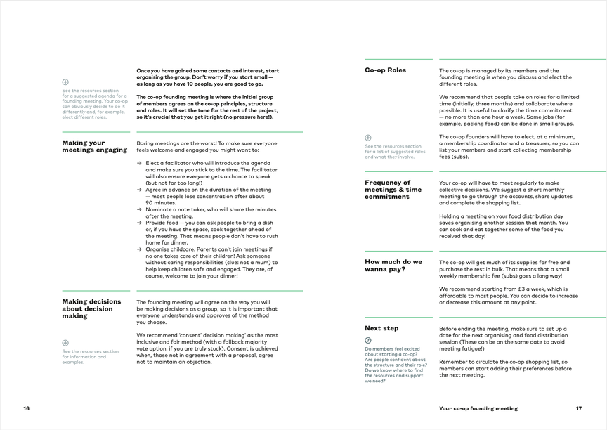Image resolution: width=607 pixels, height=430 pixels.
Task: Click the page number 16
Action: pyautogui.click(x=26, y=408)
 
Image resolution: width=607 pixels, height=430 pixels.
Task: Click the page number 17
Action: pyautogui.click(x=579, y=408)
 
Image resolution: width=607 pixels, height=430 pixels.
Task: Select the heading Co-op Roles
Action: pyautogui.click(x=385, y=70)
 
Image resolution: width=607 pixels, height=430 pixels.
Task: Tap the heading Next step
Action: pyautogui.click(x=381, y=328)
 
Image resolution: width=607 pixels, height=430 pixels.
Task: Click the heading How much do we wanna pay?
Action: pyautogui.click(x=393, y=266)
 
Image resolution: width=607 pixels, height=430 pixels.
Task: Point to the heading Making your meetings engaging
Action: pyautogui.click(x=94, y=146)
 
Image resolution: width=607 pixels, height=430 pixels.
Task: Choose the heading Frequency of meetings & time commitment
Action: pyautogui.click(x=393, y=190)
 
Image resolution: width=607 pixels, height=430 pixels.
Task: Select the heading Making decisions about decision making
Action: pyautogui.click(x=91, y=308)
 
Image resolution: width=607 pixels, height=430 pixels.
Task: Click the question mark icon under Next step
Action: pyautogui.click(x=368, y=340)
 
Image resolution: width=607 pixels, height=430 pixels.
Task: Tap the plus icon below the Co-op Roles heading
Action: pyautogui.click(x=368, y=138)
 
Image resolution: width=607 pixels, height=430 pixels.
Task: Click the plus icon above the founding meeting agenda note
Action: pyautogui.click(x=65, y=82)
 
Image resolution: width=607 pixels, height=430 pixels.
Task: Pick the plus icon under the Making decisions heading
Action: pyautogui.click(x=65, y=343)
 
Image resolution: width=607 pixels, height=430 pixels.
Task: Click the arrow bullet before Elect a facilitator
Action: pyautogui.click(x=139, y=163)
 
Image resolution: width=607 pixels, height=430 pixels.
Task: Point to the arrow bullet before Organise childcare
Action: pyautogui.click(x=139, y=249)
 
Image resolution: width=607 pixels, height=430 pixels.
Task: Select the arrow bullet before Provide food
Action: pyautogui.click(x=139, y=223)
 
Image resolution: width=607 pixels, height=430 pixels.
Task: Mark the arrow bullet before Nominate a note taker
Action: pyautogui.click(x=139, y=209)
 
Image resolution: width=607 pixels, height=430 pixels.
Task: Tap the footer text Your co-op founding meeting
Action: pyautogui.click(x=478, y=408)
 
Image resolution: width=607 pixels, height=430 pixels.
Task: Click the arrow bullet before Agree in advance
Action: pyautogui.click(x=139, y=190)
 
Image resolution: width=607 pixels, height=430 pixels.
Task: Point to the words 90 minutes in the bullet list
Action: pyautogui.click(x=161, y=203)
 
